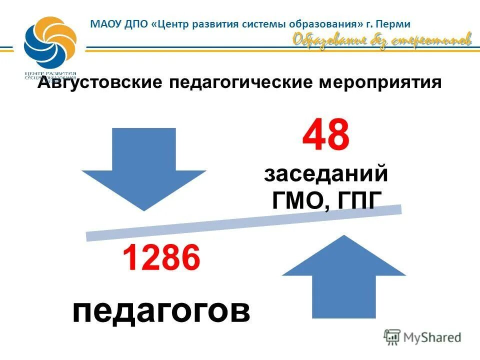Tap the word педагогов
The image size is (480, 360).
161,311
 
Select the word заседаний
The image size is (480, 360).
326,175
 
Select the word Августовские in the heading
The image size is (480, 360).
100,82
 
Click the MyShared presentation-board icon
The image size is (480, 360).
392,337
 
